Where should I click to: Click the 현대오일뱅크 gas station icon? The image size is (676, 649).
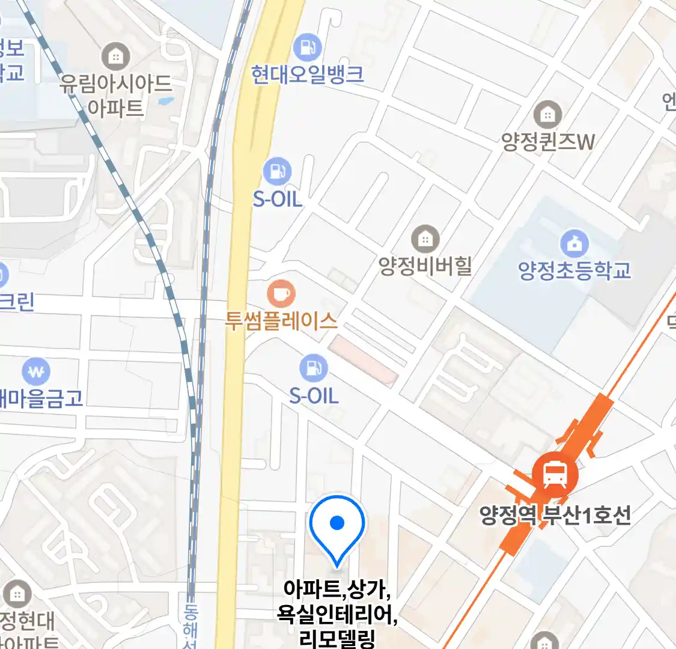(x=308, y=46)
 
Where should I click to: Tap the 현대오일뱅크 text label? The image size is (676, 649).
(x=308, y=75)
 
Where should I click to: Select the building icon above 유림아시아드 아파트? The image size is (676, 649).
(x=115, y=56)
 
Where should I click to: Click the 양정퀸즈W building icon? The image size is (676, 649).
(x=547, y=114)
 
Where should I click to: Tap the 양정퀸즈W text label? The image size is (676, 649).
(x=548, y=142)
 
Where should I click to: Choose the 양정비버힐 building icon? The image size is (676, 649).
(x=425, y=239)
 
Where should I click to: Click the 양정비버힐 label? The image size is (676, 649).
(x=425, y=266)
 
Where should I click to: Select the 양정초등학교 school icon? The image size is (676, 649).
(x=574, y=243)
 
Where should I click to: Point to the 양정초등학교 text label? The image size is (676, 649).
(x=574, y=270)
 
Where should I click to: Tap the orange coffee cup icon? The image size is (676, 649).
(x=281, y=294)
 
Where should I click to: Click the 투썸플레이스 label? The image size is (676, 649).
(x=281, y=320)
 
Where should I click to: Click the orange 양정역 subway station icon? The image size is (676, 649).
(x=555, y=475)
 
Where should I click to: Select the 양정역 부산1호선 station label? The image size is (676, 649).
(x=555, y=515)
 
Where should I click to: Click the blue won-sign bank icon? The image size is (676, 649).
(x=37, y=372)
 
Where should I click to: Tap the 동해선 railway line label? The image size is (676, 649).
(x=190, y=625)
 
